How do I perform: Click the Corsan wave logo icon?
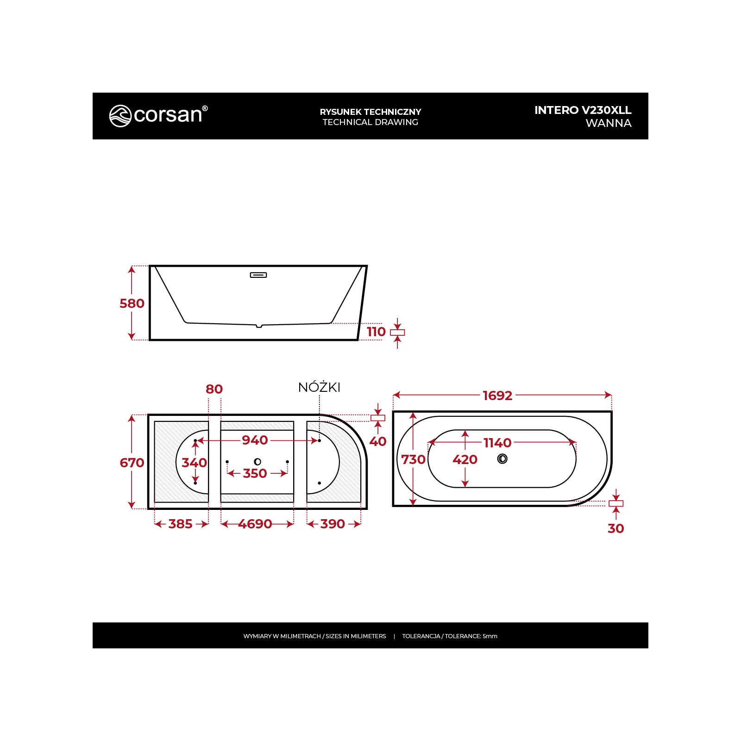120,116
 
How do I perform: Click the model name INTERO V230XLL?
583,110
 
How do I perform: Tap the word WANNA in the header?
609,123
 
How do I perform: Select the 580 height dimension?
132,303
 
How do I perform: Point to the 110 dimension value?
376,332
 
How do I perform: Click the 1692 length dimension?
497,396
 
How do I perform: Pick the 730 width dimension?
413,459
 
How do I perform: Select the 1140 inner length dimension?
497,443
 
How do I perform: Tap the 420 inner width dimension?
465,459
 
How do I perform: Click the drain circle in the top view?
502,458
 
